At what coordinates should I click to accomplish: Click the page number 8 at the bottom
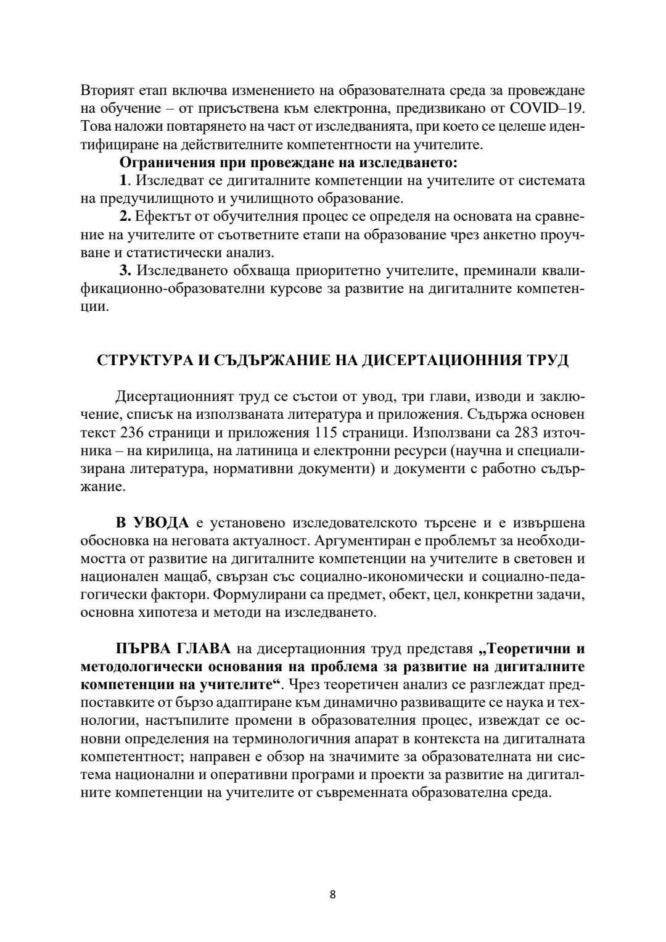332,894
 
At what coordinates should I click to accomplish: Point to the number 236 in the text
132,431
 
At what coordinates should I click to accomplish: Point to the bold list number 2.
125,217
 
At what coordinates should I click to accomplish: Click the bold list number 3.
125,271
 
